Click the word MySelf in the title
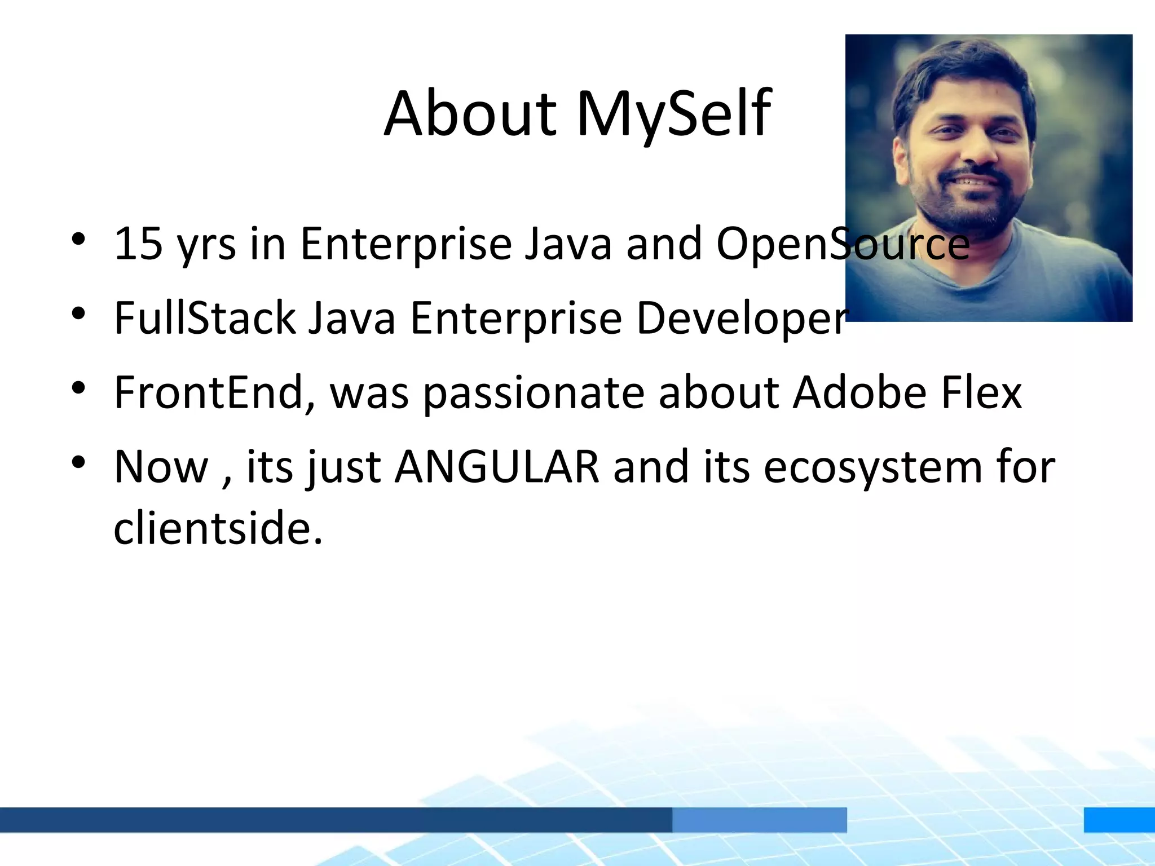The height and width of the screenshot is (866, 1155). pyautogui.click(x=673, y=114)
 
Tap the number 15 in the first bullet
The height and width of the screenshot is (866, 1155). pyautogui.click(x=138, y=244)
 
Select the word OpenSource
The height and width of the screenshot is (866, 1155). pyautogui.click(x=843, y=244)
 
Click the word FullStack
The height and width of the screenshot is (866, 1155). pyautogui.click(x=204, y=318)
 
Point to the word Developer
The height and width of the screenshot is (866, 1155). pyautogui.click(x=741, y=318)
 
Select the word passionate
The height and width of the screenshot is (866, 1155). pyautogui.click(x=534, y=394)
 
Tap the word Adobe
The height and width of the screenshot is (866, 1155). pyautogui.click(x=859, y=392)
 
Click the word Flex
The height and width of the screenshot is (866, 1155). pyautogui.click(x=981, y=392)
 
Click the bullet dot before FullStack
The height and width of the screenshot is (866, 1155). pyautogui.click(x=78, y=313)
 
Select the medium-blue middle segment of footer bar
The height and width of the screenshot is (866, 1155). pyautogui.click(x=759, y=819)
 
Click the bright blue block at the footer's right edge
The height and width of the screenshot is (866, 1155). pyautogui.click(x=1119, y=819)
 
